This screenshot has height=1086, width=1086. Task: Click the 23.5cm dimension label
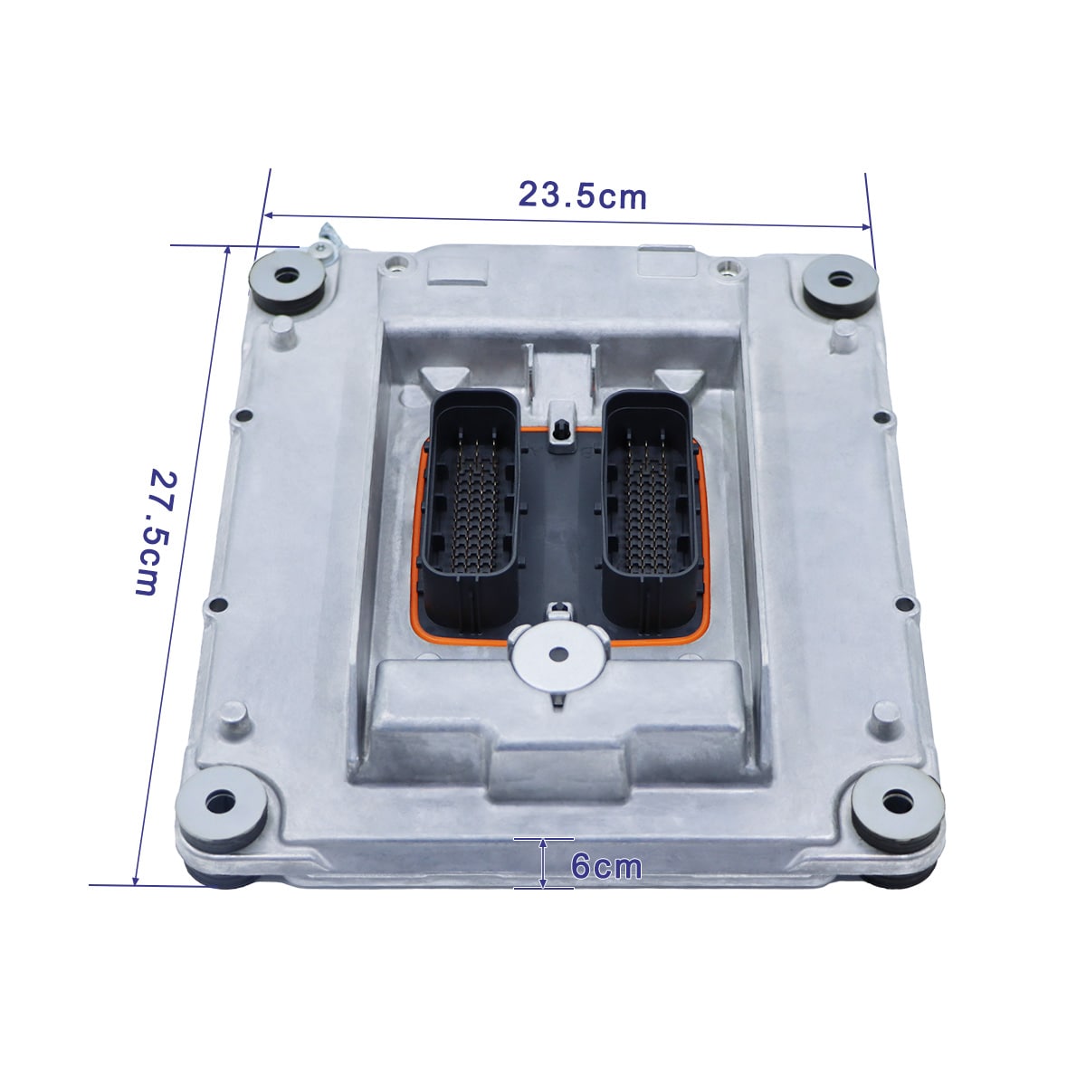pyautogui.click(x=582, y=195)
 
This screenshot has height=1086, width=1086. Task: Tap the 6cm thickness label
pyautogui.click(x=605, y=866)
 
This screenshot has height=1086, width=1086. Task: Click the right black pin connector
pyautogui.click(x=648, y=510)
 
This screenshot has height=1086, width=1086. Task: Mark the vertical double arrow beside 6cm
pyautogui.click(x=543, y=862)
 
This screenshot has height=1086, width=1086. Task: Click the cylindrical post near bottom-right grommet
pyautogui.click(x=884, y=721)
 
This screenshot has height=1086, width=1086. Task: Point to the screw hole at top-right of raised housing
pyautogui.click(x=724, y=268)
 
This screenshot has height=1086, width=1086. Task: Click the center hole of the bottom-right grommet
pyautogui.click(x=897, y=800)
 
